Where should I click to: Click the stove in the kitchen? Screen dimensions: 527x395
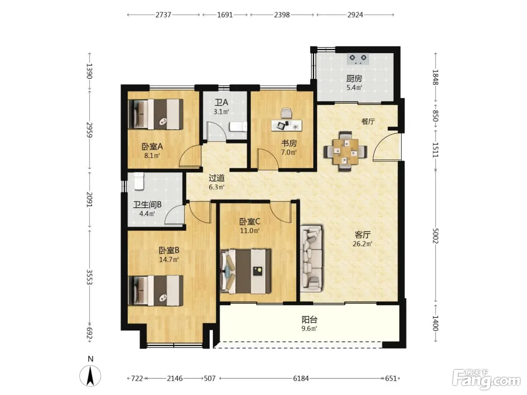click(358, 59)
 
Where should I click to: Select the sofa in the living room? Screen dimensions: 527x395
click(311, 258)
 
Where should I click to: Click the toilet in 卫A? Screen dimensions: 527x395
click(238, 127)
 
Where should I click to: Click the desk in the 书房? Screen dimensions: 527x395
click(287, 125)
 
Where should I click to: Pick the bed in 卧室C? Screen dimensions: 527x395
click(245, 271)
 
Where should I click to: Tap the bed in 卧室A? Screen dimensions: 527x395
click(156, 114)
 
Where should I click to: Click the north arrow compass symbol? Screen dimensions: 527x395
click(90, 376)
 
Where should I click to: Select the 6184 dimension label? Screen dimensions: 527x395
click(301, 378)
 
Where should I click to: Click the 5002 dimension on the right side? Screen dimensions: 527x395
click(436, 236)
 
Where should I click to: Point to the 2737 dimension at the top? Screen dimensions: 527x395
click(163, 15)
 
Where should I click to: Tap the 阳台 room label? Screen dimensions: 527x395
click(309, 320)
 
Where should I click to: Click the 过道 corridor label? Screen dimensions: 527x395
click(216, 178)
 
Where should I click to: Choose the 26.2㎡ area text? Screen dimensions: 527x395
click(362, 244)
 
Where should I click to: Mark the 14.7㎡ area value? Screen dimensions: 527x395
click(169, 260)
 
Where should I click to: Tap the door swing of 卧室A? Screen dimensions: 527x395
click(190, 156)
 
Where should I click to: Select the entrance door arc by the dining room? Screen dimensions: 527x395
click(386, 147)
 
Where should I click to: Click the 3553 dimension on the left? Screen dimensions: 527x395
click(90, 277)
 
